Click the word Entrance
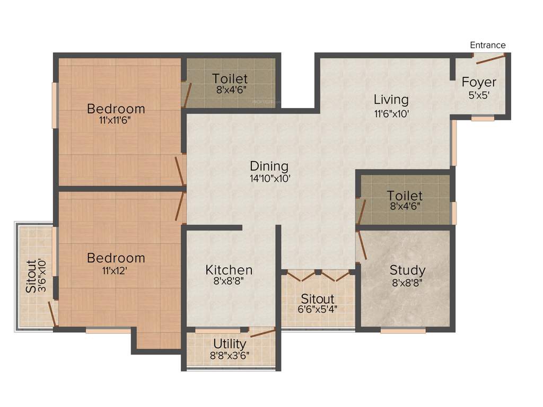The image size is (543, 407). (x=488, y=45)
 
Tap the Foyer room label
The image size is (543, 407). (x=479, y=82)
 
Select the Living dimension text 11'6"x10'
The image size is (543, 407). (x=391, y=113)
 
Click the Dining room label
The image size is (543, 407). (x=269, y=166)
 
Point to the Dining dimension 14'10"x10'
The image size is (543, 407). (x=269, y=179)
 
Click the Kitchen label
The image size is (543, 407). (x=229, y=270)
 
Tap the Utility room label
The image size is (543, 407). (x=230, y=343)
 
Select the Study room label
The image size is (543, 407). (x=407, y=270)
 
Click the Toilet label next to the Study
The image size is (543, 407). (x=405, y=196)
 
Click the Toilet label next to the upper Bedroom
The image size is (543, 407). (x=230, y=79)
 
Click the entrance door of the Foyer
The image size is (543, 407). (x=490, y=58)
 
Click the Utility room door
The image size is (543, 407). (x=262, y=333)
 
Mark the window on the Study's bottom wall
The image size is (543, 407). (x=403, y=331)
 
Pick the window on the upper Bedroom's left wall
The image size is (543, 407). (x=54, y=105)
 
